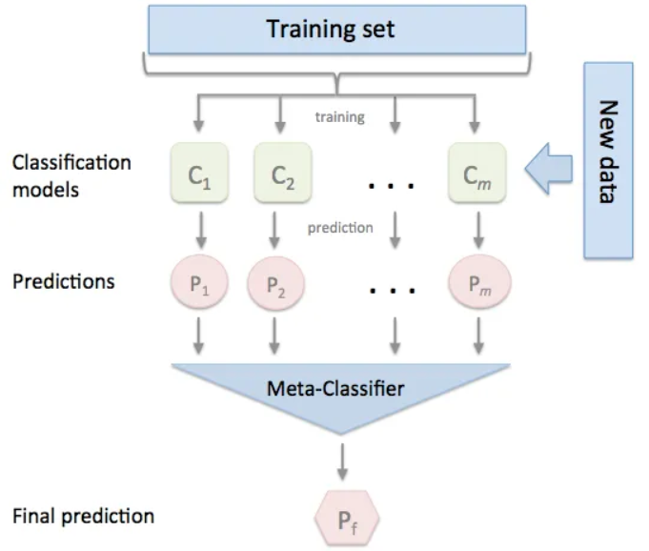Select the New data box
coord(607,160)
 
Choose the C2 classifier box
coord(277,173)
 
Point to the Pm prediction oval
coord(477,282)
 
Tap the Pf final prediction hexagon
coord(347,519)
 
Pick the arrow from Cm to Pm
coord(477,229)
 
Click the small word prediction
coord(339,228)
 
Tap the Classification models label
coord(71,175)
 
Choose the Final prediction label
coord(83,517)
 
